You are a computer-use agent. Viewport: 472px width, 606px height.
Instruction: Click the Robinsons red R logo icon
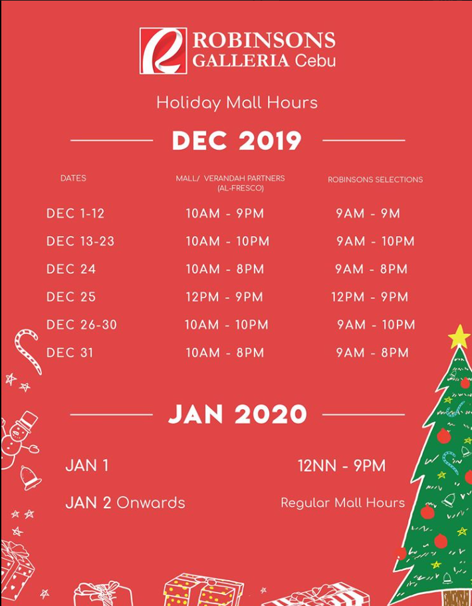click(x=163, y=51)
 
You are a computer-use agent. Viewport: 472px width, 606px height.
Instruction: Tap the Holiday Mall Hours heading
click(x=237, y=103)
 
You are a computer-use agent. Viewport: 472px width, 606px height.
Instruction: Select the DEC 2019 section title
click(x=237, y=140)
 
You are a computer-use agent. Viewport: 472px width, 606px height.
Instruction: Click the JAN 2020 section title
click(x=237, y=414)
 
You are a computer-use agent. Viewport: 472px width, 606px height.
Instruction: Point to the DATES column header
click(x=73, y=178)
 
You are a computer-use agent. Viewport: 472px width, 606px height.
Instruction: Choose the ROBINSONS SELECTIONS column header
click(x=375, y=180)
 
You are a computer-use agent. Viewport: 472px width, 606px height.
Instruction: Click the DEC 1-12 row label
click(x=75, y=214)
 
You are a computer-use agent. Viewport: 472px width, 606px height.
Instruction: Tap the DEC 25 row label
click(x=70, y=297)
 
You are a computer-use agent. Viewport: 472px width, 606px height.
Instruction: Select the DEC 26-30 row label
click(x=81, y=325)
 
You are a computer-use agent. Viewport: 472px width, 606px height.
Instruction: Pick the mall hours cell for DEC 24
click(x=225, y=269)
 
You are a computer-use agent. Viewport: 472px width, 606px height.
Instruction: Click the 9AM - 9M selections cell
click(x=368, y=214)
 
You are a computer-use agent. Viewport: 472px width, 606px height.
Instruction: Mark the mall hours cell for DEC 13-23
click(x=227, y=241)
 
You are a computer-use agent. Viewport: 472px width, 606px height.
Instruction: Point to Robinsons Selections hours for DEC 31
click(x=372, y=353)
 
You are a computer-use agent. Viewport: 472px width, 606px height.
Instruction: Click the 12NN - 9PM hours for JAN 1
click(x=342, y=466)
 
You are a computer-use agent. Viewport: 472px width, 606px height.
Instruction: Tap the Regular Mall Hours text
click(x=342, y=503)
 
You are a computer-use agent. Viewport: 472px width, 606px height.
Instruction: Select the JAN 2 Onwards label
click(x=125, y=503)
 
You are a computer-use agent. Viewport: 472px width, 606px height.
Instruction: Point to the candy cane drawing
click(x=28, y=351)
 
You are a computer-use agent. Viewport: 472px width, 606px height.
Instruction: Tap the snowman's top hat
click(x=27, y=421)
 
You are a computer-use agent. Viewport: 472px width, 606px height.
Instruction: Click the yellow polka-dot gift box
click(x=203, y=590)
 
